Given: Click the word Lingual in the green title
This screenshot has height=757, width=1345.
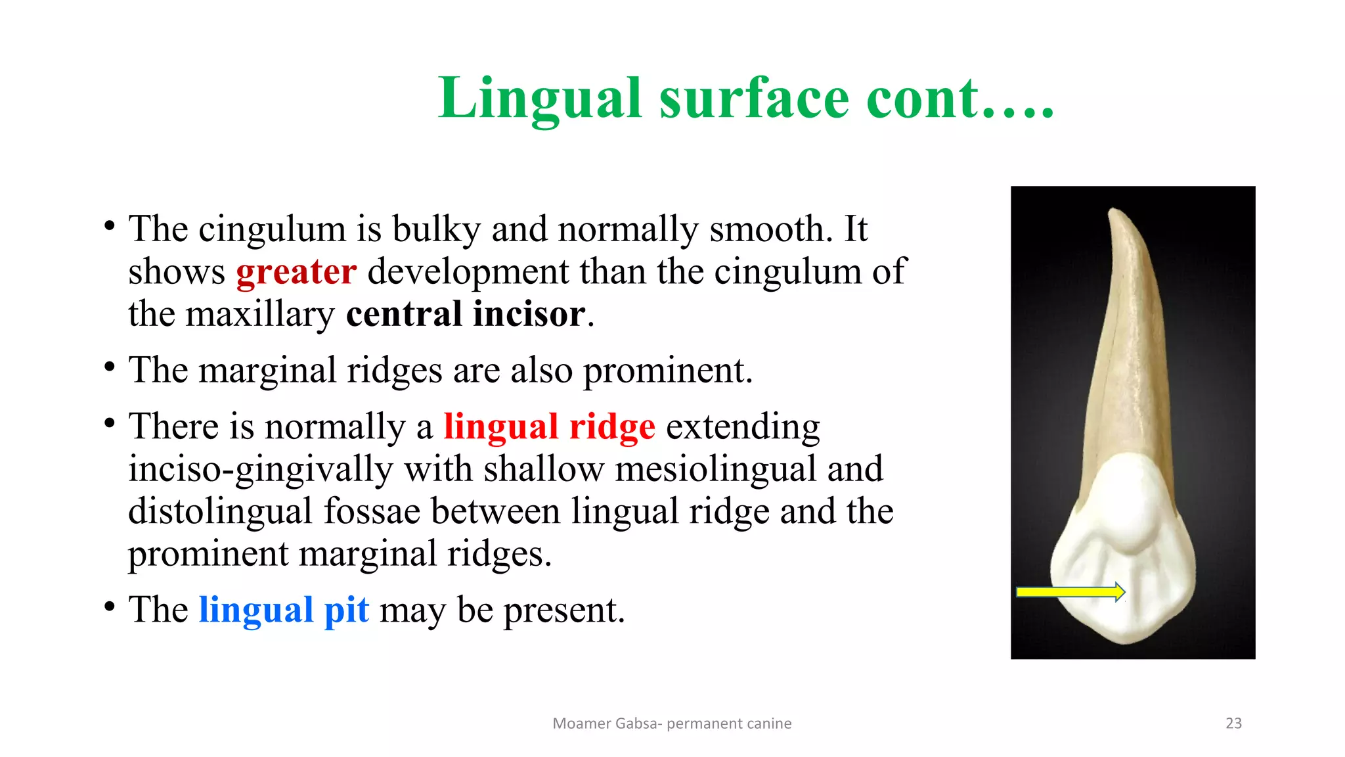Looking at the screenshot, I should pyautogui.click(x=540, y=99).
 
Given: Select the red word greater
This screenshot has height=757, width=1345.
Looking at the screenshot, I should pyautogui.click(x=296, y=272).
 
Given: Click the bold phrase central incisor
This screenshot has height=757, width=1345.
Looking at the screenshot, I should pyautogui.click(x=466, y=314).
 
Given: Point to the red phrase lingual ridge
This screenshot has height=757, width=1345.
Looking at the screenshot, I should pyautogui.click(x=549, y=426).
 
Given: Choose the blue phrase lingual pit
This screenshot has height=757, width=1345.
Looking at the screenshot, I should pyautogui.click(x=284, y=610).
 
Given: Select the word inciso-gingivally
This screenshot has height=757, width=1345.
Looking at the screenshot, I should pyautogui.click(x=260, y=469).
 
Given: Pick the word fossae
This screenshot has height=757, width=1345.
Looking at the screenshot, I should pyautogui.click(x=372, y=511).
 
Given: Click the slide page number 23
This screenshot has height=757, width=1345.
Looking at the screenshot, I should pyautogui.click(x=1233, y=723).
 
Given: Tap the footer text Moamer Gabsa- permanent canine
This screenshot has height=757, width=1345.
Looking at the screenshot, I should pyautogui.click(x=672, y=723).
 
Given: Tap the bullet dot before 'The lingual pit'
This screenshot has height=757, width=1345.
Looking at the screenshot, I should pyautogui.click(x=110, y=606).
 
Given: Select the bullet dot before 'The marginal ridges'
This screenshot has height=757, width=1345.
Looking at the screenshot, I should pyautogui.click(x=110, y=367).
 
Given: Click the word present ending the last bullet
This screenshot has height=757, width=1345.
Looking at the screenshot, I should pyautogui.click(x=563, y=610).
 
